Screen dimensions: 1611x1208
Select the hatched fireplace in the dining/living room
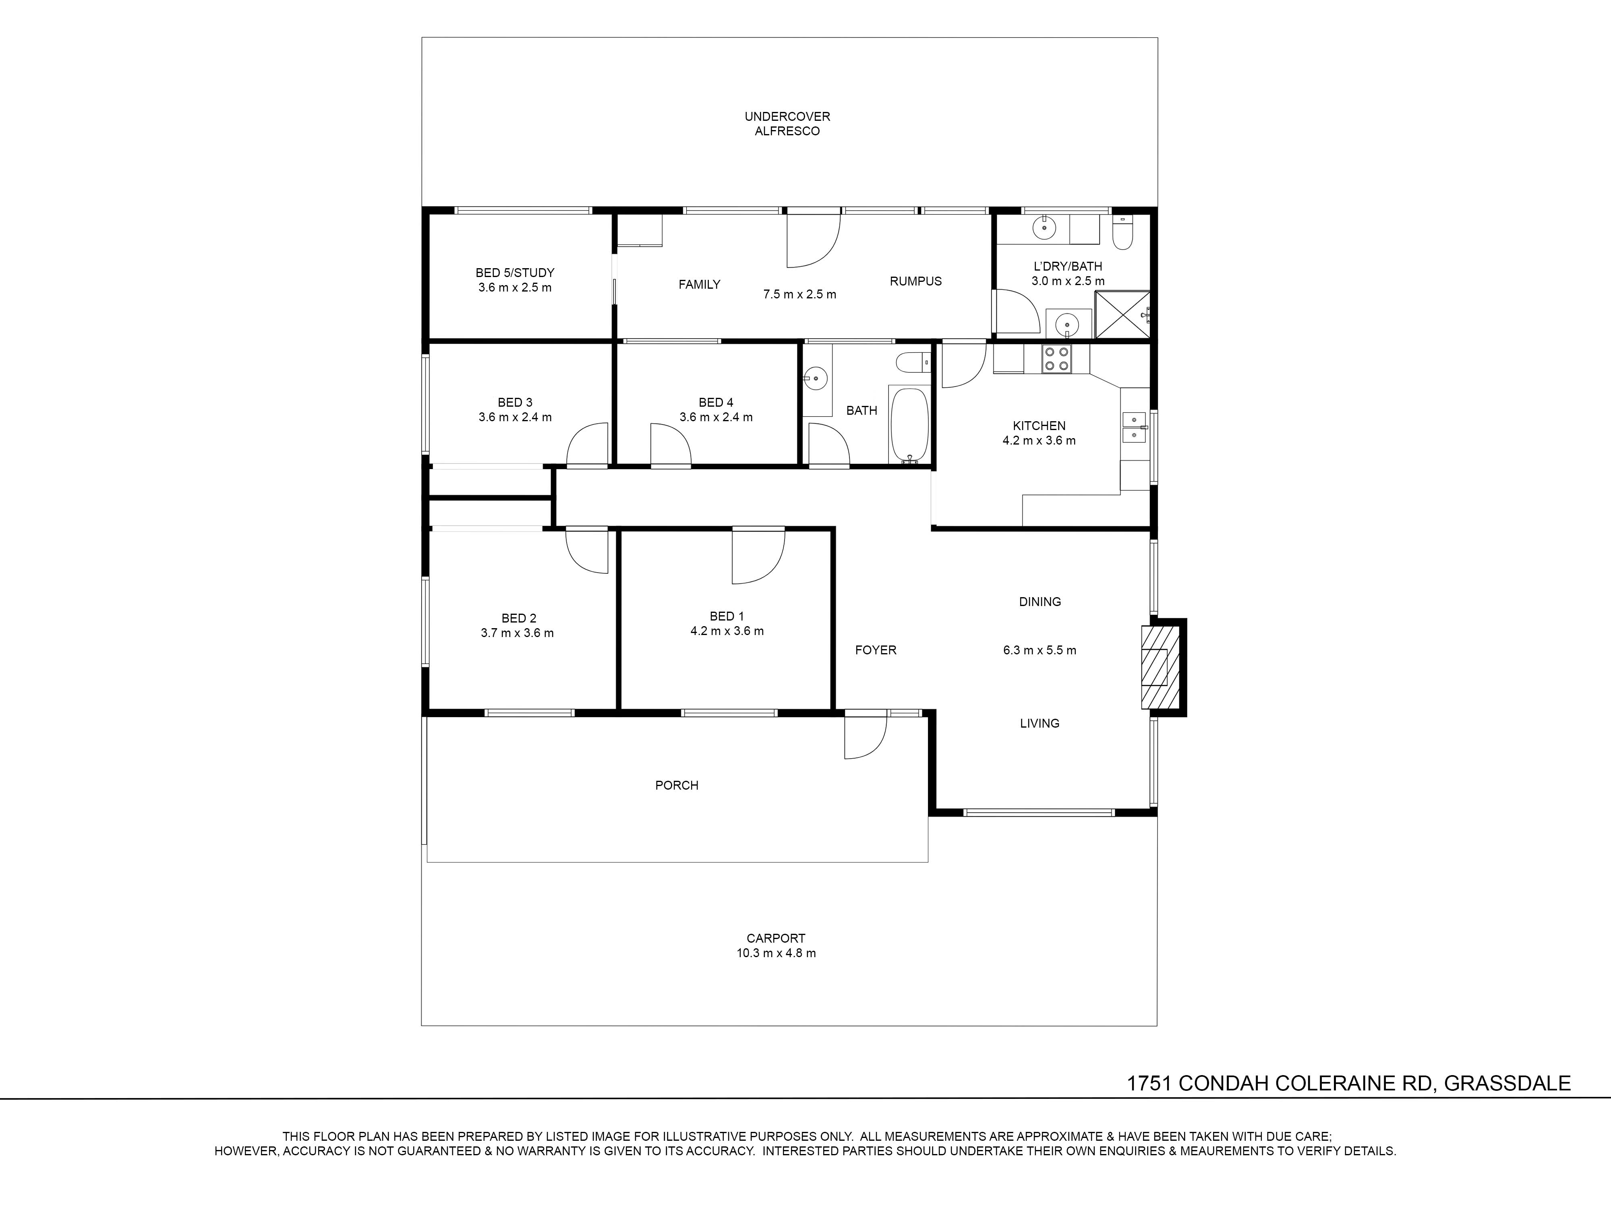coord(1154,666)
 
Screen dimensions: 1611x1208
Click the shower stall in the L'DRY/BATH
coord(1122,314)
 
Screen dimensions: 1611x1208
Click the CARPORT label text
coord(776,939)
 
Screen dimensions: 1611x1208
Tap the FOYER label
coord(876,650)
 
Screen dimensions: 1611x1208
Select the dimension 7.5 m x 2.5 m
coord(800,295)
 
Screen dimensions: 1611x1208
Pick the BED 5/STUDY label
coord(515,273)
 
